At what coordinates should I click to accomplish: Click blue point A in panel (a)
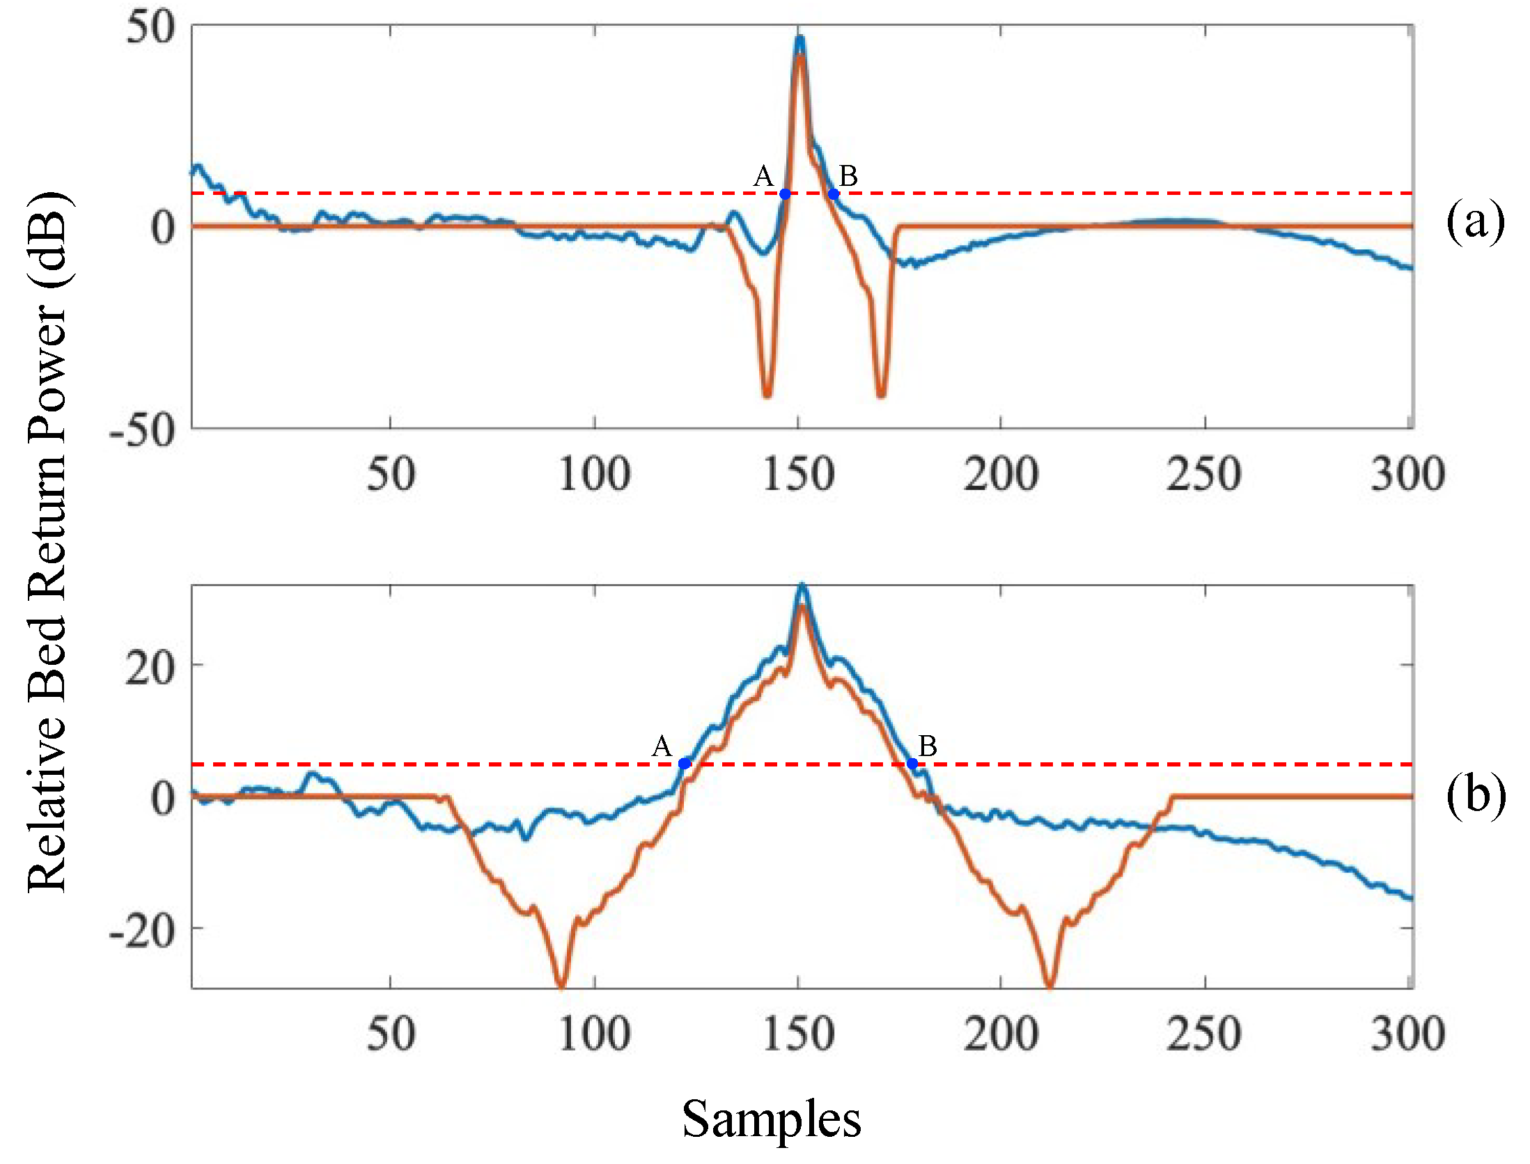pyautogui.click(x=785, y=194)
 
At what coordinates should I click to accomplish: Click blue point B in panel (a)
pyautogui.click(x=834, y=194)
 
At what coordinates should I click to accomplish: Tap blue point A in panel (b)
pyautogui.click(x=685, y=764)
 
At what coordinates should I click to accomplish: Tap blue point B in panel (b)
pyautogui.click(x=912, y=764)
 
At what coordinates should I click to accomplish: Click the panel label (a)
pyautogui.click(x=1475, y=223)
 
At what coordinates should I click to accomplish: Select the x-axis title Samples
pyautogui.click(x=772, y=1119)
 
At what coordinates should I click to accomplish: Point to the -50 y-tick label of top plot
pyautogui.click(x=143, y=432)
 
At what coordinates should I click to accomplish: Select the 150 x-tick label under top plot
pyautogui.click(x=799, y=475)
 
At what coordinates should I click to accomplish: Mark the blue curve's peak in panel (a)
pyautogui.click(x=800, y=39)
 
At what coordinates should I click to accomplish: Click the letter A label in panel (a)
pyautogui.click(x=763, y=176)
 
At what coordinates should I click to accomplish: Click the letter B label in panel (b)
pyautogui.click(x=928, y=746)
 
